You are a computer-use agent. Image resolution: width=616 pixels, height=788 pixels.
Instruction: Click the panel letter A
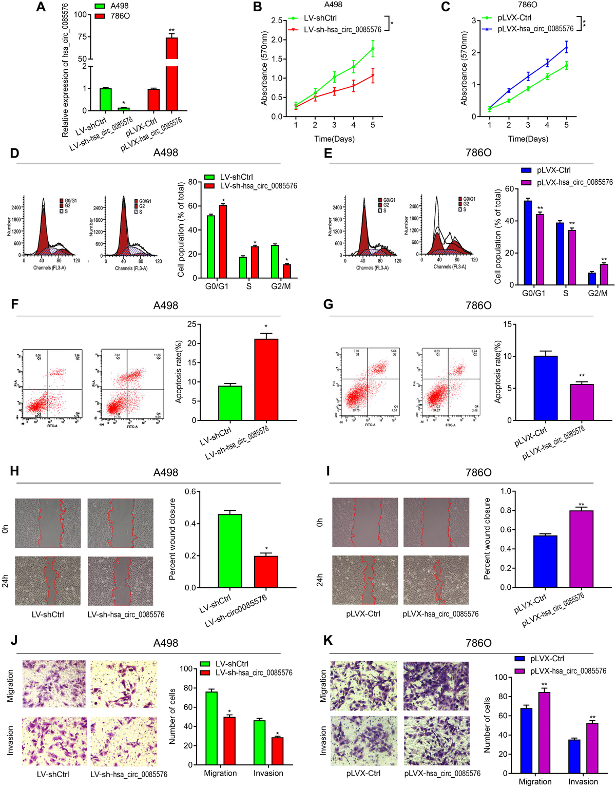tap(41, 7)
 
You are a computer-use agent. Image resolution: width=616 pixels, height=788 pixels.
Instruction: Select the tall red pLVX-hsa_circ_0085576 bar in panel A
tap(171, 74)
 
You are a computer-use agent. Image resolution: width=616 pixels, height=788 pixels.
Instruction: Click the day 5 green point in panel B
tap(373, 49)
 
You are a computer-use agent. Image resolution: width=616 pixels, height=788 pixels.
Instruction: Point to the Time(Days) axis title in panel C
tap(528, 139)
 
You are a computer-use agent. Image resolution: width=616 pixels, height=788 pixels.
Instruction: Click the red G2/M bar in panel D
tap(287, 271)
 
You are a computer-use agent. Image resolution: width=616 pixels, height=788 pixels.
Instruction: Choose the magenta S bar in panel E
tap(572, 257)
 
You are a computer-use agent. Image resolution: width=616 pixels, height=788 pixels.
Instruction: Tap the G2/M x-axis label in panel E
tap(598, 293)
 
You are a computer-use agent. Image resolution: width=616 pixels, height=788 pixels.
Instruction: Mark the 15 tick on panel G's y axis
tap(507, 324)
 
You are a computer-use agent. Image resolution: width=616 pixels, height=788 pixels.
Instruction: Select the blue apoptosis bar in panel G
tap(545, 388)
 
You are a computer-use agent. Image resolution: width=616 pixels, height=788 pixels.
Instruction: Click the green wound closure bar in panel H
tap(230, 551)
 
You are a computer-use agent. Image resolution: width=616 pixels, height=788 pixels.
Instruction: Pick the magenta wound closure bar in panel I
tap(581, 549)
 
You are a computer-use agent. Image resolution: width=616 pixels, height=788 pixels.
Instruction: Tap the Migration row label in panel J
tap(10, 686)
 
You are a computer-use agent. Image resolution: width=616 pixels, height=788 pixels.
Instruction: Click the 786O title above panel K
tap(478, 643)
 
